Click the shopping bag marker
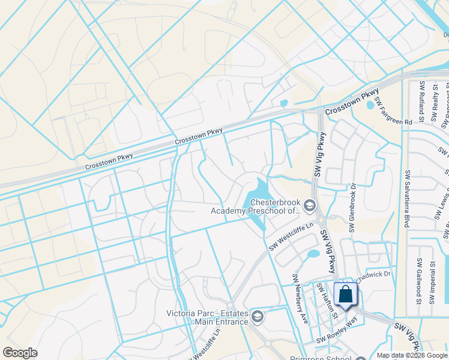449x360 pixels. tap(345, 295)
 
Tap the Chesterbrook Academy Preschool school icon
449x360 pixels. tap(310, 206)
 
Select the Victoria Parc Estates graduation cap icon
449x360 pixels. tap(257, 316)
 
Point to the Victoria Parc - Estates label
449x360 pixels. tap(207, 317)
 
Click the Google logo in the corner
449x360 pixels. tap(20, 353)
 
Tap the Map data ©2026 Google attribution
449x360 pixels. tap(412, 355)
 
